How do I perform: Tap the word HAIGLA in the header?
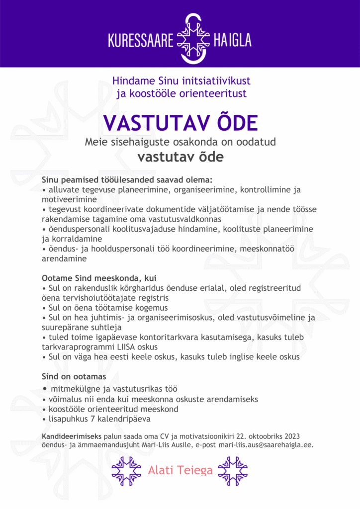232,40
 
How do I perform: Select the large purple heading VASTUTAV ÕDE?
180,122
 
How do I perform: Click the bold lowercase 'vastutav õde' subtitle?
180,157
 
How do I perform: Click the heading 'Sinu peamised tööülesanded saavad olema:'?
127,179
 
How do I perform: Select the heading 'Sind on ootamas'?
74,377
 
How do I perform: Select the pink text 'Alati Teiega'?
180,470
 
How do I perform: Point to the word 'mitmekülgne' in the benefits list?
73,389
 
